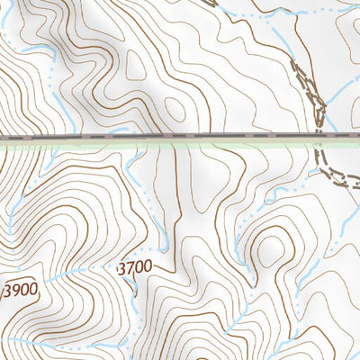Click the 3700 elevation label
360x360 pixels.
135,267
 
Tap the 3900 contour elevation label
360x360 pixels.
21,290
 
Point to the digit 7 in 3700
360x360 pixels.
130,267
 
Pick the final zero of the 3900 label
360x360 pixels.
33,290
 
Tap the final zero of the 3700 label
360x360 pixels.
148,267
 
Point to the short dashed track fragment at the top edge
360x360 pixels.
209,3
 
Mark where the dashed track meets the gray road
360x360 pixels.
319,138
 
